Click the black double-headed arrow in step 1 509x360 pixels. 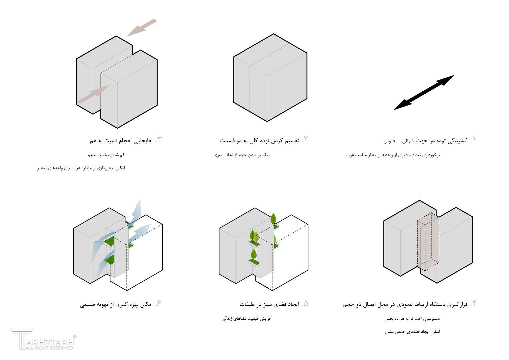[424, 93]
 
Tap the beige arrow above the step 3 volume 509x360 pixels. [142, 27]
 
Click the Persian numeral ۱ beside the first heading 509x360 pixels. [473, 140]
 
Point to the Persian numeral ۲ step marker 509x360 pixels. [305, 140]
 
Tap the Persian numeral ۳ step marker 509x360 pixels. [158, 140]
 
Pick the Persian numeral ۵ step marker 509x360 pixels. [305, 304]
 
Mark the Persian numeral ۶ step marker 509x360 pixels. [158, 304]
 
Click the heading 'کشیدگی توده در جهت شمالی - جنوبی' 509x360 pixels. [425, 141]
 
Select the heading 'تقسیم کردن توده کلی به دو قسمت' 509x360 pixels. [259, 141]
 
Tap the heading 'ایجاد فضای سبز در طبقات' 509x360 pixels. [269, 304]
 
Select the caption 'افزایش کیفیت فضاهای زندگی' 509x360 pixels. [247, 319]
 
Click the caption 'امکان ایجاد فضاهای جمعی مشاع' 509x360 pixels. [412, 332]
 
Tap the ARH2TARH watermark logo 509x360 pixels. [43, 339]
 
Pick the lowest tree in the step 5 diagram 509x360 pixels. [254, 256]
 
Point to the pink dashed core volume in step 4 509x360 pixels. [428, 242]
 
